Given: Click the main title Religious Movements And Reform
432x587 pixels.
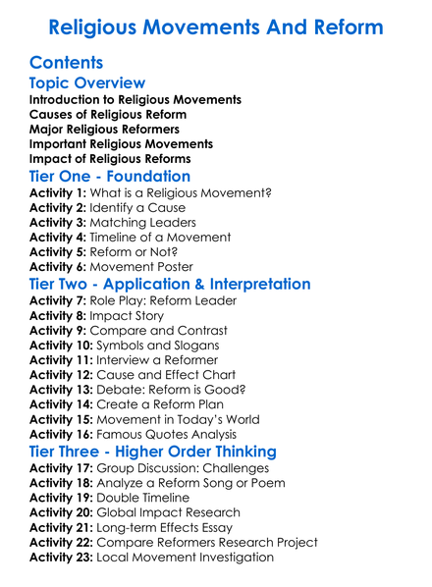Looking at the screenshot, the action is [215, 27].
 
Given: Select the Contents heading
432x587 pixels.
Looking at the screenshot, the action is [66, 63].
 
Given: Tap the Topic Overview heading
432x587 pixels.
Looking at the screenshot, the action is [87, 83].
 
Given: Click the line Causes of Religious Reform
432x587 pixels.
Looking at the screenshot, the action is [107, 115].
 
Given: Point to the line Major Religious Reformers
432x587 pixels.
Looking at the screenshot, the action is [104, 130].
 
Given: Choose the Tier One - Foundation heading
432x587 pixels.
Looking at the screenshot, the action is [110, 177].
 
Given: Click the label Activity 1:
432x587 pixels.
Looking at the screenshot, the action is [59, 193].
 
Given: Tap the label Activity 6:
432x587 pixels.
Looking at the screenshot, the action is [59, 267].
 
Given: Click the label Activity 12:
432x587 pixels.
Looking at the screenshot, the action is [63, 375].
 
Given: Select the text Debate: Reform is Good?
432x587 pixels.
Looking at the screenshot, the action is [173, 390].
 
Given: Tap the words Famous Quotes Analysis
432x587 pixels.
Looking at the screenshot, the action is [181, 435].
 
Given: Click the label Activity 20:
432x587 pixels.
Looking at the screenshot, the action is [63, 512].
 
